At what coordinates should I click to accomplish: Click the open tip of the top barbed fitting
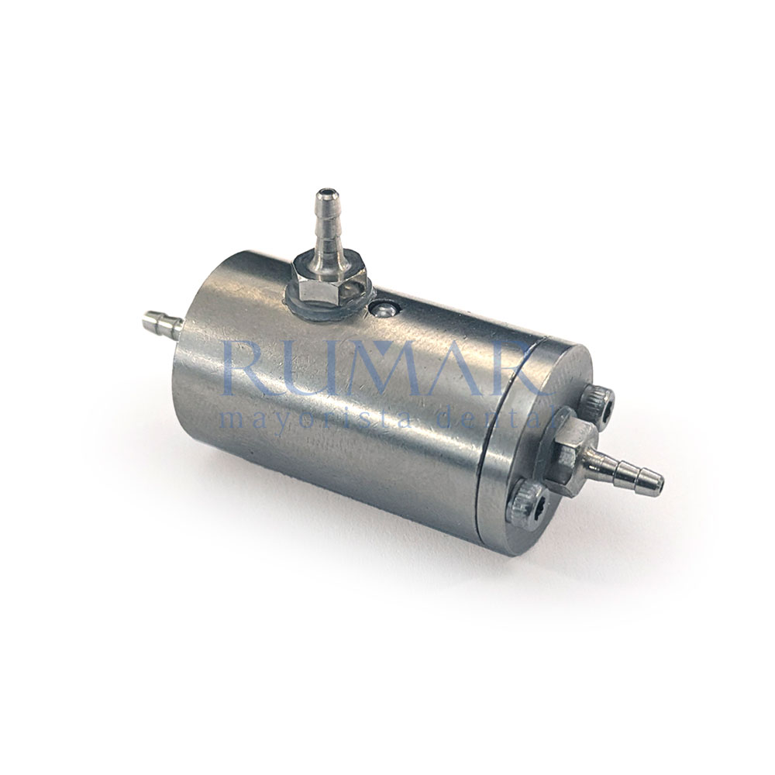pos(325,191)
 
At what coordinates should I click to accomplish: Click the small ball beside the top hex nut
pos(384,310)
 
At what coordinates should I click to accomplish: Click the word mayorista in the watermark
pos(315,420)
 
